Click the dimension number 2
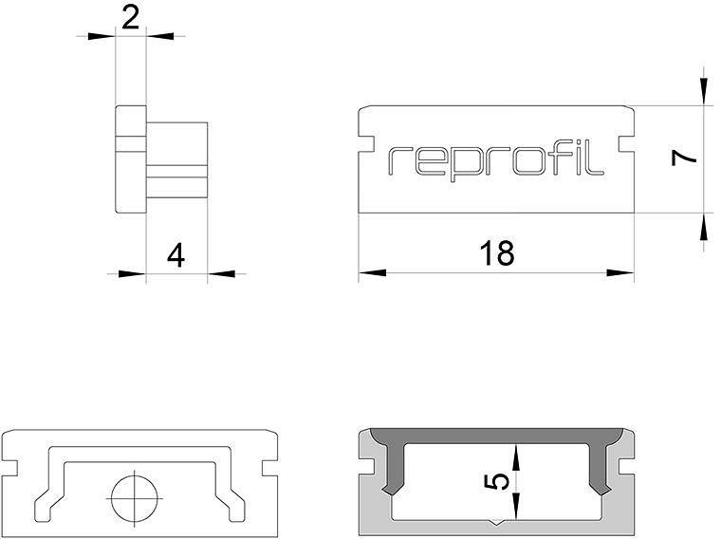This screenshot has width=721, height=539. click(130, 19)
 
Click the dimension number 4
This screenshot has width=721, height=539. click(176, 255)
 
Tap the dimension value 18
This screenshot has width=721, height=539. click(496, 252)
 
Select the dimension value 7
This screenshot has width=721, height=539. click(684, 158)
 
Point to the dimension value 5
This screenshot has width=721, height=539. click(497, 482)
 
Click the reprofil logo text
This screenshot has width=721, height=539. click(495, 163)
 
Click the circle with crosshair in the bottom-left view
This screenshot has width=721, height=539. click(135, 498)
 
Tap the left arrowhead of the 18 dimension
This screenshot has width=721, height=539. click(373, 272)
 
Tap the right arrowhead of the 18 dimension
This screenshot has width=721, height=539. click(620, 272)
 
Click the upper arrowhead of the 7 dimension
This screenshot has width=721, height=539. click(704, 91)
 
